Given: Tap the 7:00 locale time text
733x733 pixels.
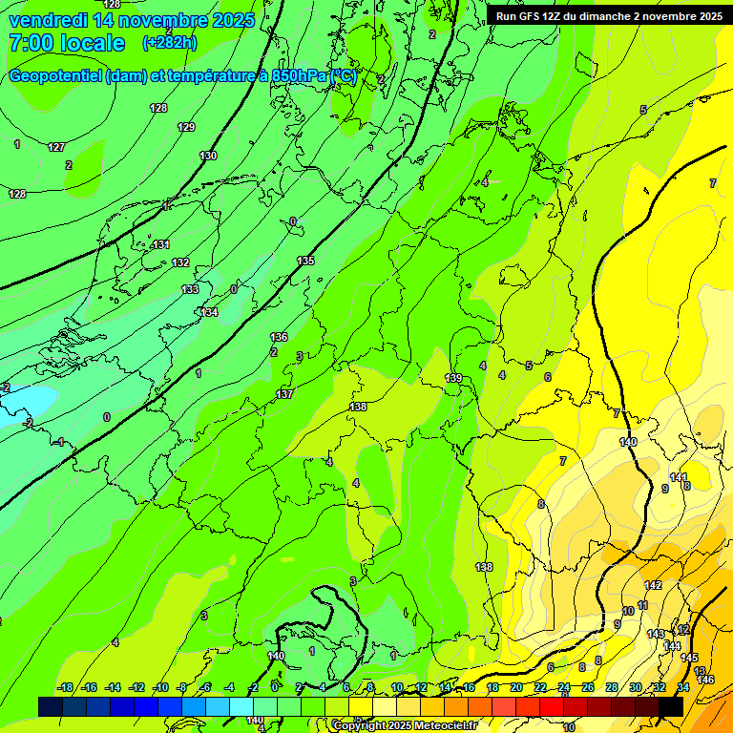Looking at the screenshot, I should [x=66, y=43].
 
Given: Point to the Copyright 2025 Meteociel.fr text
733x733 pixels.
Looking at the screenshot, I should [x=405, y=725].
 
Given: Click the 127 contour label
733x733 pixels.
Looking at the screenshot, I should [x=56, y=147].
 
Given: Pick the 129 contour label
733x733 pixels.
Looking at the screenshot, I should [x=186, y=127].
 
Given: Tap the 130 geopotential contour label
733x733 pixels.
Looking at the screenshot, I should [x=208, y=156].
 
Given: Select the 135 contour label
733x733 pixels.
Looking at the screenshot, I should [x=305, y=261].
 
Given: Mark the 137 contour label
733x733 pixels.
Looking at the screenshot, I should [x=284, y=394].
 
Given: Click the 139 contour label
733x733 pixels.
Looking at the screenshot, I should [x=454, y=379].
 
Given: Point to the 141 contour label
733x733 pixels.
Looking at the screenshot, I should [x=678, y=477].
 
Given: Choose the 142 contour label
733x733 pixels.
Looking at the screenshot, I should [x=654, y=585].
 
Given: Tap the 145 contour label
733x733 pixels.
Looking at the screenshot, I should [x=689, y=658].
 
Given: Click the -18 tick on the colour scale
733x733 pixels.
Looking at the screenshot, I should [x=66, y=687].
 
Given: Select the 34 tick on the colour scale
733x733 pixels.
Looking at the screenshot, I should [x=682, y=687].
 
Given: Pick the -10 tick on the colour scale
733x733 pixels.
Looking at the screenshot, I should [x=160, y=687].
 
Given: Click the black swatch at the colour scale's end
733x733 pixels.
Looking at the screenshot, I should [x=670, y=706].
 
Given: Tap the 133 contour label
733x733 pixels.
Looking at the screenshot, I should [x=191, y=289].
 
